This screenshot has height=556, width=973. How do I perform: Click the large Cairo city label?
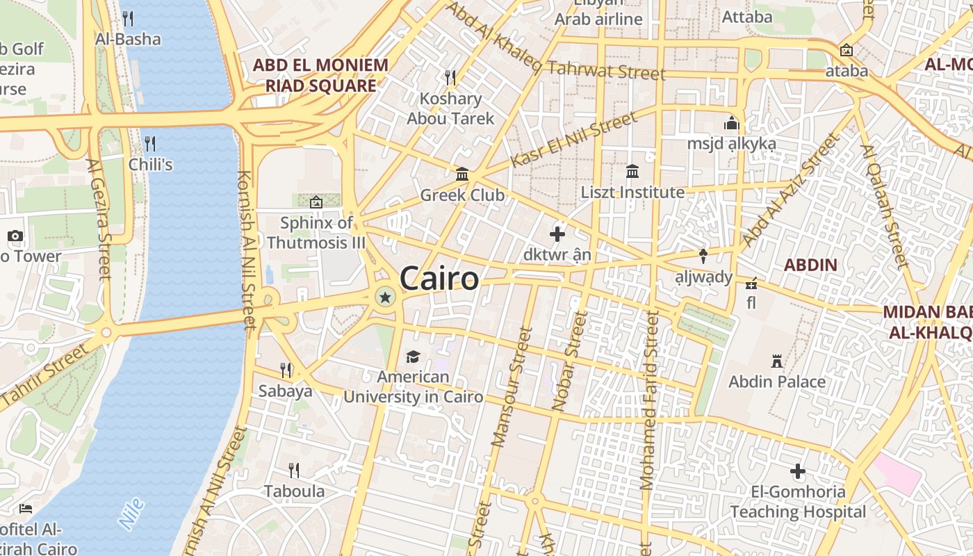(439, 279)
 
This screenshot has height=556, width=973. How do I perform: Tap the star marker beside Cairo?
(384, 297)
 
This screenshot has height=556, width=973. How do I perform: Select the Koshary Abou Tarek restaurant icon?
(450, 76)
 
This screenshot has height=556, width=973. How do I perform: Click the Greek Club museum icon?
(462, 174)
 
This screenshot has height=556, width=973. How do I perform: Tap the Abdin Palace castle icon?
(777, 361)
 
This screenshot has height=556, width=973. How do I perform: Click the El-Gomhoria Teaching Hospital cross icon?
(798, 472)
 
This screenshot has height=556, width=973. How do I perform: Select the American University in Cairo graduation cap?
(413, 357)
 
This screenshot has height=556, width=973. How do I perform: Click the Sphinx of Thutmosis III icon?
(316, 202)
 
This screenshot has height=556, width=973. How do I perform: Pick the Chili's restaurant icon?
(150, 144)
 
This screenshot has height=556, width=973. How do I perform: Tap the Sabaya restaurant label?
(285, 391)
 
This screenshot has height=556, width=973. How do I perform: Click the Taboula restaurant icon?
(294, 471)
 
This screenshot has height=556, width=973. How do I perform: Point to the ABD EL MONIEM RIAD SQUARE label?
(320, 76)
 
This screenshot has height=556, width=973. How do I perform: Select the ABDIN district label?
(810, 265)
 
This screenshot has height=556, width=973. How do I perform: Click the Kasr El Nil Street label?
(573, 140)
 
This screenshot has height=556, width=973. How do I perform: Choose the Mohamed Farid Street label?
(649, 400)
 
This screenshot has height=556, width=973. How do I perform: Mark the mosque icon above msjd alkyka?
(731, 124)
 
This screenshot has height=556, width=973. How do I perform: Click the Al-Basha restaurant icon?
(128, 19)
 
